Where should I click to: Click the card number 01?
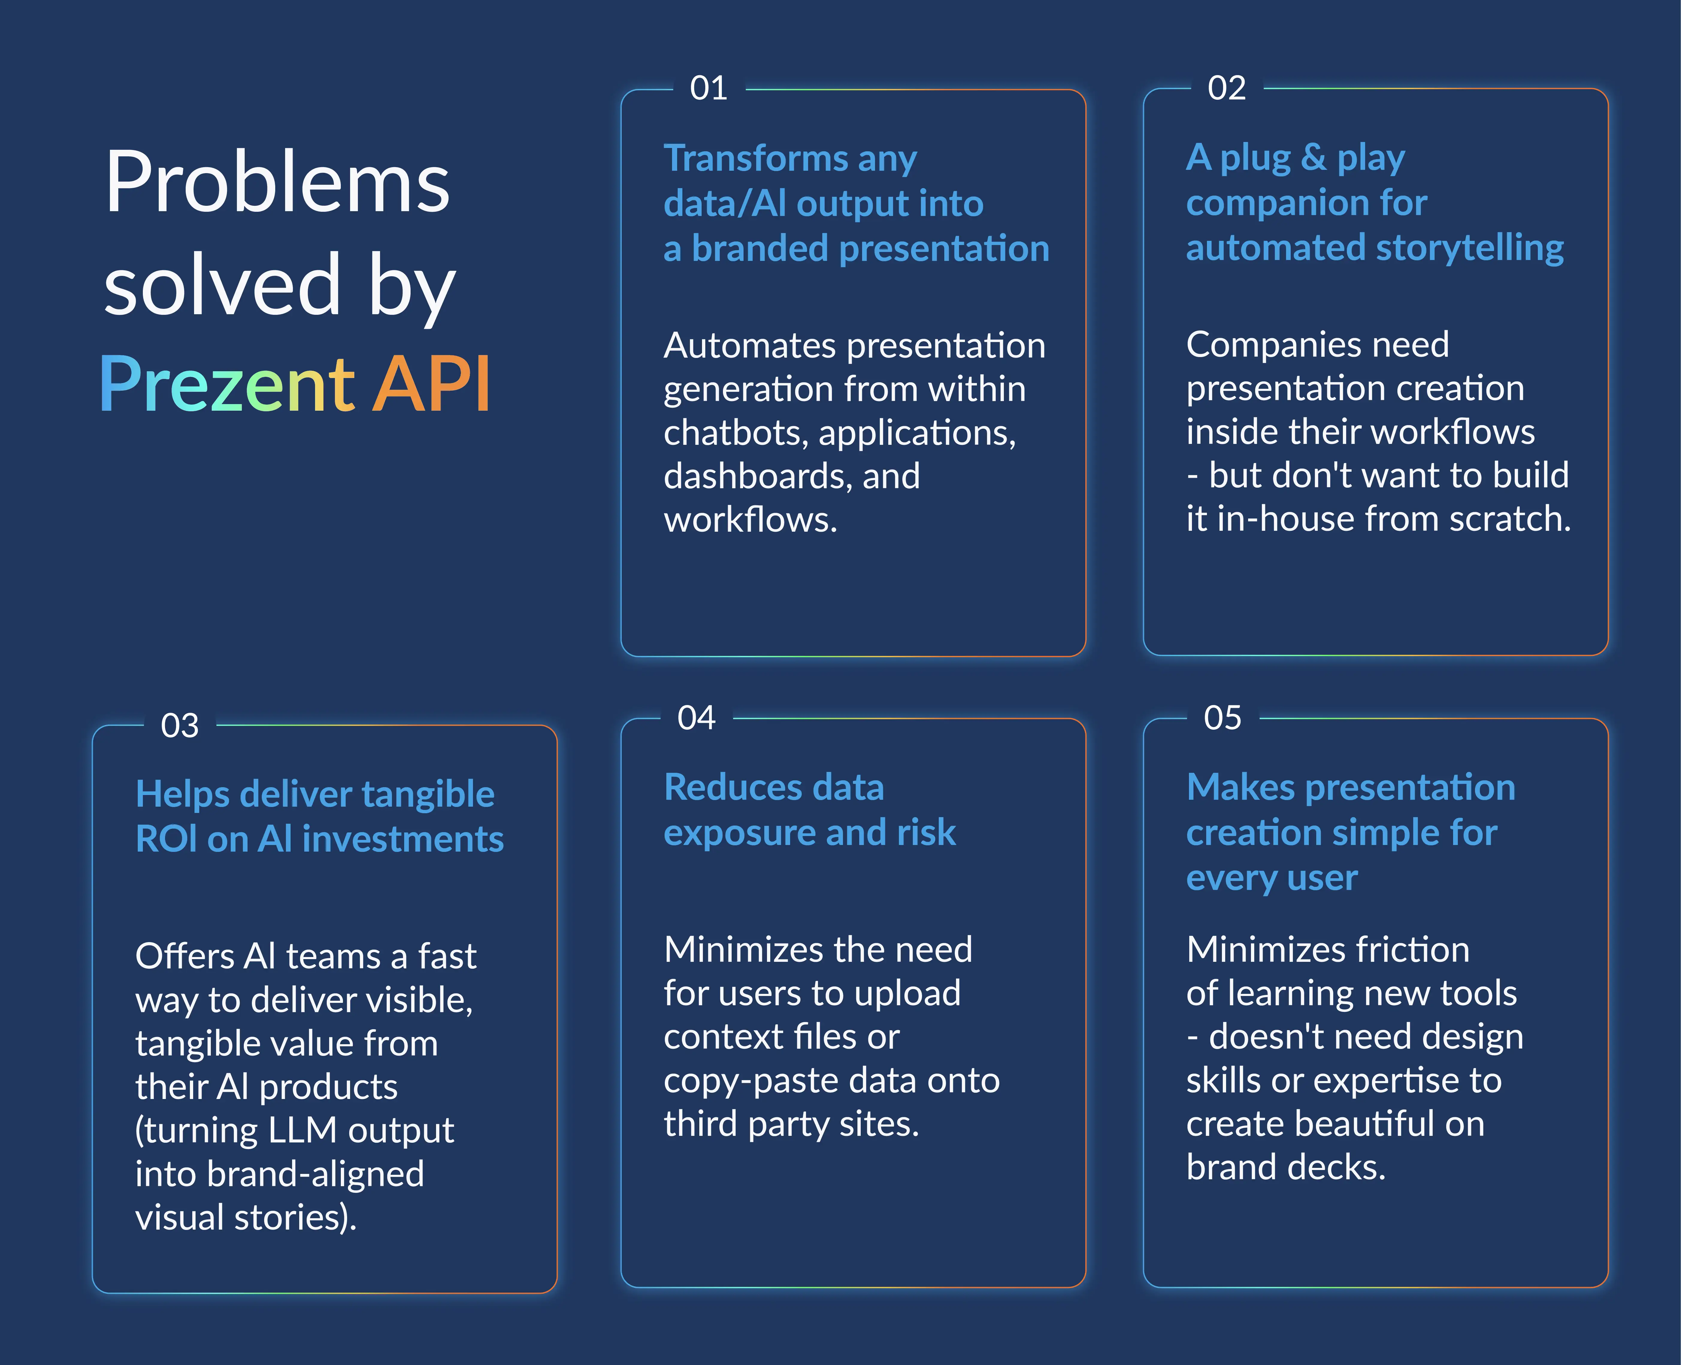[x=708, y=88]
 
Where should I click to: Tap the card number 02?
[x=1227, y=88]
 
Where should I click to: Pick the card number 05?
[x=1222, y=718]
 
